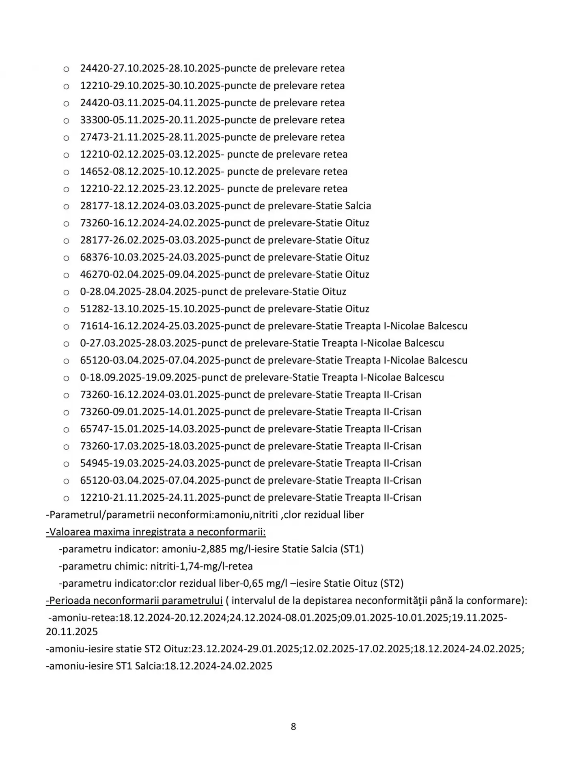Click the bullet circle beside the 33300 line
66,121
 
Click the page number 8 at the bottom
293,727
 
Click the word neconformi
185,515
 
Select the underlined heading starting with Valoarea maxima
156,532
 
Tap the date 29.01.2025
274,649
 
